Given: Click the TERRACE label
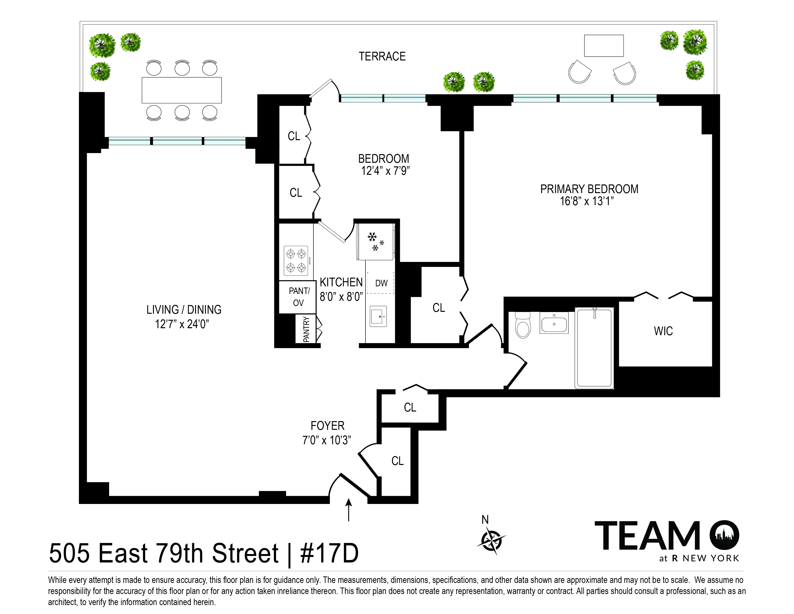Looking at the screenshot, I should click(382, 56).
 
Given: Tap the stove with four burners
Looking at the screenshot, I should click(296, 261).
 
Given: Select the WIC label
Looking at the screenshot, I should click(663, 331).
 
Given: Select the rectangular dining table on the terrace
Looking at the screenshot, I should click(181, 90).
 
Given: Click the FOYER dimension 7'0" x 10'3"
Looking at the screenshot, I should click(327, 440).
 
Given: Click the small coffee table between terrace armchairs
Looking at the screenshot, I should click(603, 46).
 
